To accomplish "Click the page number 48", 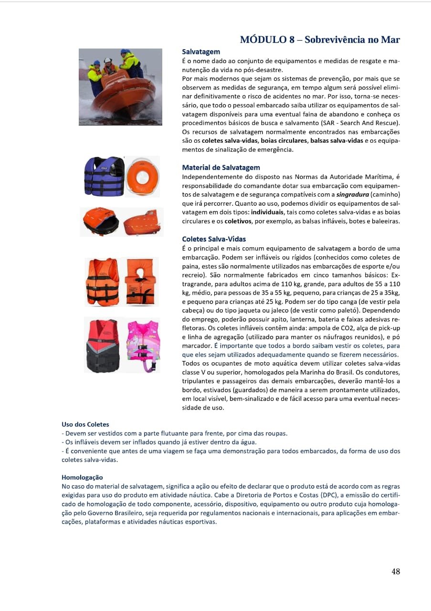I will tap(395, 571).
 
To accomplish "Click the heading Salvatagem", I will tap(201, 52).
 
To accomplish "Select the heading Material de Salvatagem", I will tap(221, 167).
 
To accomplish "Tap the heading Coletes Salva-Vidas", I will tap(214, 239).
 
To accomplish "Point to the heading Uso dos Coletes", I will tap(85, 424).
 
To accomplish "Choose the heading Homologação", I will tap(82, 477).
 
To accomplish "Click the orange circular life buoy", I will tap(142, 176).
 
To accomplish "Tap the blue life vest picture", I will tap(104, 176).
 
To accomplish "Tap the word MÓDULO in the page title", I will tap(263, 40).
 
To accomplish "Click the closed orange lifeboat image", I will tap(142, 222).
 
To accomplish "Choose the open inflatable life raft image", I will tap(101, 221).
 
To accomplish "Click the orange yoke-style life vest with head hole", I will tap(140, 282).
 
